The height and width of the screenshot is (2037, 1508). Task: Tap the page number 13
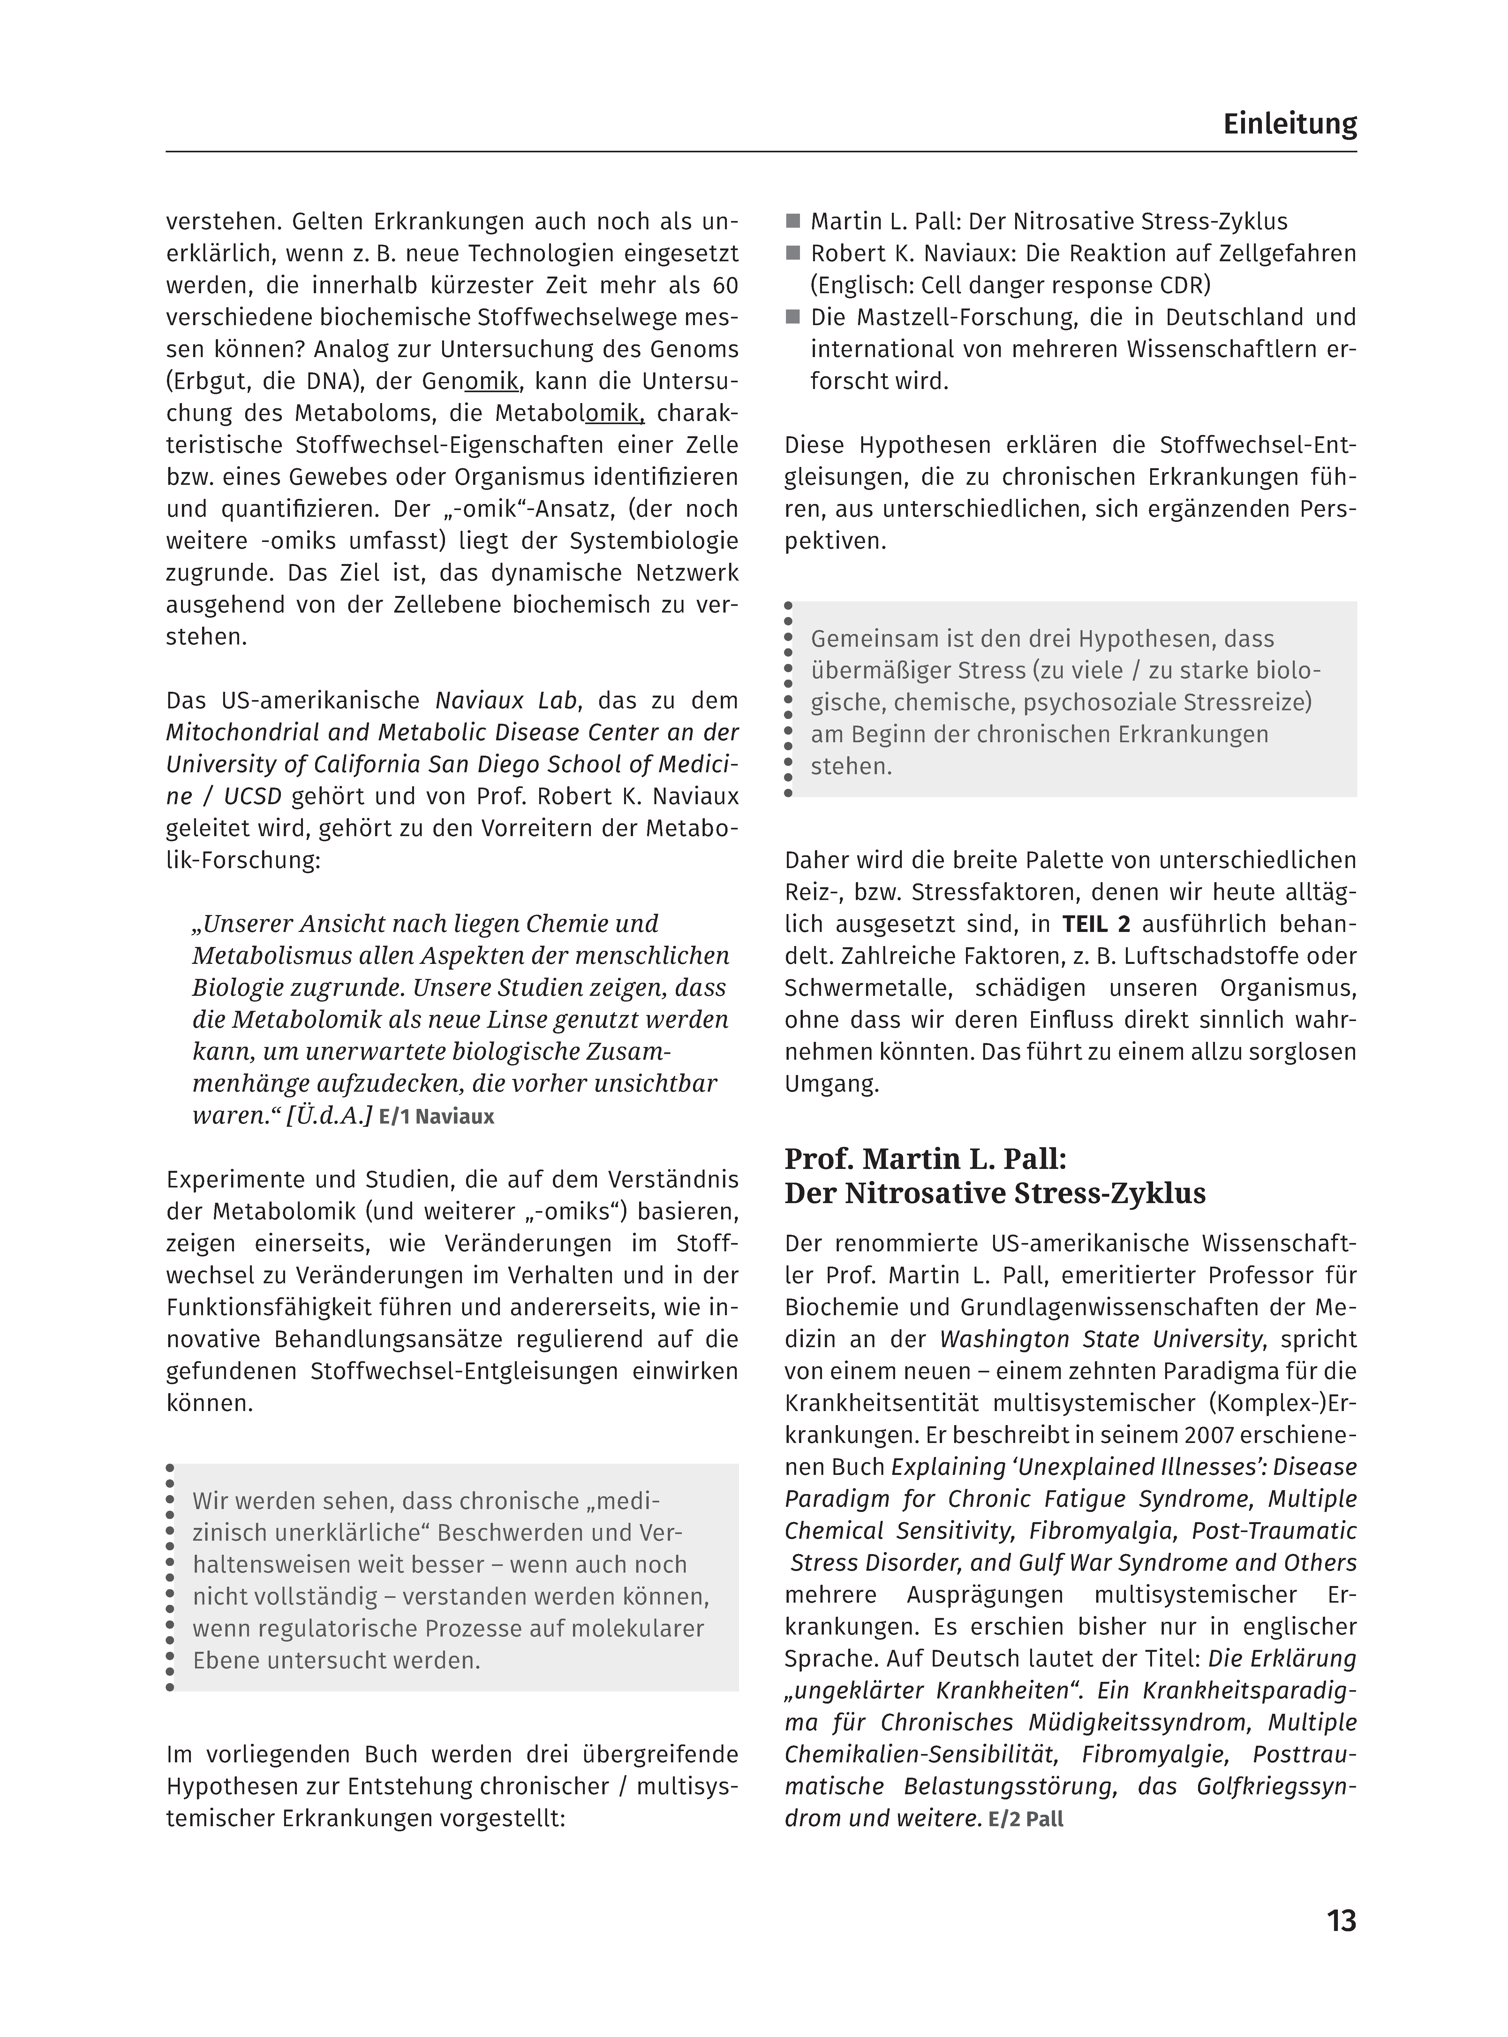pyautogui.click(x=1341, y=1921)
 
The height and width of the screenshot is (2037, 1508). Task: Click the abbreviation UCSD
pyautogui.click(x=253, y=796)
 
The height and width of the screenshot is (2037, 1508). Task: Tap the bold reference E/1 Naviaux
pyautogui.click(x=436, y=1117)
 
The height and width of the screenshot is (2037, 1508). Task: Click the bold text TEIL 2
pyautogui.click(x=1095, y=924)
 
